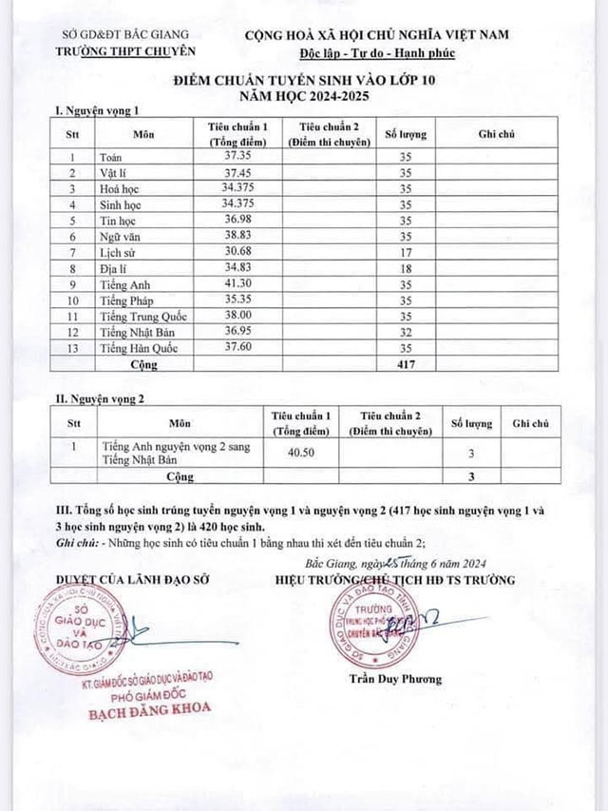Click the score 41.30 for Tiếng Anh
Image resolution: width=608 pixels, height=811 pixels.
click(236, 284)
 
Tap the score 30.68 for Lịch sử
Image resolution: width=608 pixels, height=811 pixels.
click(236, 251)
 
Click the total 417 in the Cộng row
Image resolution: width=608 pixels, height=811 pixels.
click(405, 364)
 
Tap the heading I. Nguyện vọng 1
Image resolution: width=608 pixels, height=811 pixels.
click(98, 111)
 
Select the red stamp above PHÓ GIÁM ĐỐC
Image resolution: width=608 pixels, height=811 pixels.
click(82, 627)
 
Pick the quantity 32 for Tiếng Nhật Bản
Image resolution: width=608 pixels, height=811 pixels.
click(405, 333)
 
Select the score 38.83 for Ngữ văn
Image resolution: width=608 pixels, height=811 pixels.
click(236, 235)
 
